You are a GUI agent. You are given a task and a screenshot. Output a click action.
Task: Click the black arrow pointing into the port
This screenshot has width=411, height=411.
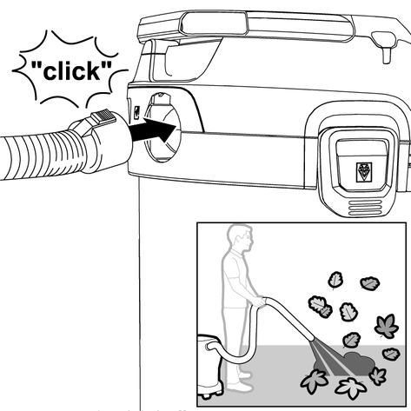click(154, 129)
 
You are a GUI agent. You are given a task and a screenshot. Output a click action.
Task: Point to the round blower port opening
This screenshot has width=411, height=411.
click(162, 128)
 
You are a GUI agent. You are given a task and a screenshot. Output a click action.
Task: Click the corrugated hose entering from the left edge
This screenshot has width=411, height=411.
click(43, 155)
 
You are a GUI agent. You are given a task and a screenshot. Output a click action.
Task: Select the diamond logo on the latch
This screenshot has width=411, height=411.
click(364, 171)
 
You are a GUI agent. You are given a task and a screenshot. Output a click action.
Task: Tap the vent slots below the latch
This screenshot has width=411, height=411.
click(365, 208)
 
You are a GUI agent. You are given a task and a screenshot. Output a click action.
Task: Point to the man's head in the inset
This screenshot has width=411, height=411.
click(241, 238)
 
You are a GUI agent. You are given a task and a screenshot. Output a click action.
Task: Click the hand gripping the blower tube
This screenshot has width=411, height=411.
click(259, 302)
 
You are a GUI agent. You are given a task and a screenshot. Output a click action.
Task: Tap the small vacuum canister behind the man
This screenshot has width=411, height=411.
click(210, 367)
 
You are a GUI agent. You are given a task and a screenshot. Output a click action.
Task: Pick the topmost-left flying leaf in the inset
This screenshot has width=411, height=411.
click(335, 280)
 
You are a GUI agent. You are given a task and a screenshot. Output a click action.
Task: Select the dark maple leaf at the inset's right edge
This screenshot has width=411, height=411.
click(387, 327)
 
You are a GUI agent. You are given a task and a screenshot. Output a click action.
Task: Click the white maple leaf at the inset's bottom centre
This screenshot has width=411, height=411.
click(351, 388)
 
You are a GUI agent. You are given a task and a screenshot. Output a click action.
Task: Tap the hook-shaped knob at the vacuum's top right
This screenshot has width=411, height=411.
click(384, 46)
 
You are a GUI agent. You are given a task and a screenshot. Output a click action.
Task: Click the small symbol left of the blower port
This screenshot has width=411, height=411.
click(136, 111)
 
